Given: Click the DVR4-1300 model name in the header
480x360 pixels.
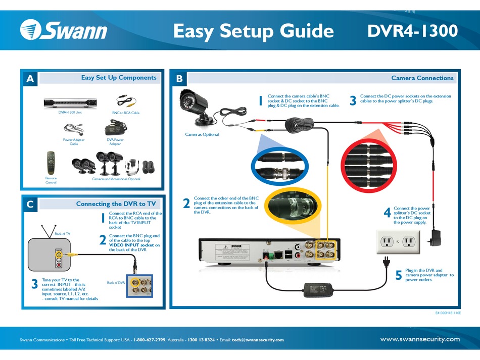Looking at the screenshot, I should (412, 31).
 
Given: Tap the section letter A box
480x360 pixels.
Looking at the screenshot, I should (30, 78).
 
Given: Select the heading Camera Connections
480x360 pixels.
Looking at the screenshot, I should (422, 78).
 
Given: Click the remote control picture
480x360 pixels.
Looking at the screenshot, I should (51, 162).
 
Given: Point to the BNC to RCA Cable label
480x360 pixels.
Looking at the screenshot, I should (125, 113).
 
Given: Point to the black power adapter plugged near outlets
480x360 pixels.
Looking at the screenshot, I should (434, 238).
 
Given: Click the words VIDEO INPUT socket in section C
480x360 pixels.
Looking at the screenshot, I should (131, 245).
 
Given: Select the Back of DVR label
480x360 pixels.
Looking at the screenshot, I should (116, 283).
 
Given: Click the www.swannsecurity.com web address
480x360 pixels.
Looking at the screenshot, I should (420, 339).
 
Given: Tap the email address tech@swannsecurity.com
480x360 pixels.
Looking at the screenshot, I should (258, 340).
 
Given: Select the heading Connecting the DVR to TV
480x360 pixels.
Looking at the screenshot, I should (116, 204).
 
